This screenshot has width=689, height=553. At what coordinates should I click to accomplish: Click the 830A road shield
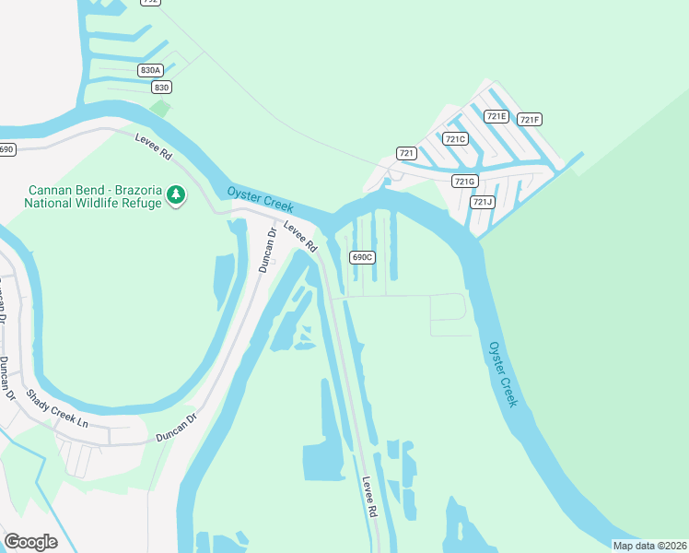(x=150, y=70)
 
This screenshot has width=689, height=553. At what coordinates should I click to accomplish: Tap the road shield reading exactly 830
(x=162, y=87)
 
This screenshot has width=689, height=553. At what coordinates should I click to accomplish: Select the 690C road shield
(x=362, y=257)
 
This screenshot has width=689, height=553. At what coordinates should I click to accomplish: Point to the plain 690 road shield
(x=7, y=149)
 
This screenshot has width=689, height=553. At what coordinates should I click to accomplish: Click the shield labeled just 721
(x=406, y=152)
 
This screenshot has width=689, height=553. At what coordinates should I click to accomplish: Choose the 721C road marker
(x=455, y=138)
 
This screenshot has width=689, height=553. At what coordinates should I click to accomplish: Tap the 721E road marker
(x=496, y=116)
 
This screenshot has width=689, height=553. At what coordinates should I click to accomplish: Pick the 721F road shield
(x=529, y=119)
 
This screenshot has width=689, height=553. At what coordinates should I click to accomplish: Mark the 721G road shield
(x=465, y=182)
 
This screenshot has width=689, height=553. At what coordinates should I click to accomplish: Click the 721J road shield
(x=482, y=201)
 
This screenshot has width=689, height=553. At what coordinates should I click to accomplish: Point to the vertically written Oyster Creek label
(x=503, y=373)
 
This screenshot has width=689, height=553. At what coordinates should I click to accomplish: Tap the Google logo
(x=30, y=541)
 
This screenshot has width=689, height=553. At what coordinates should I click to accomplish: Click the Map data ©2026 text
(x=649, y=546)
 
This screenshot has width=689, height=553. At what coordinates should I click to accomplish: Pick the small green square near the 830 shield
(x=160, y=107)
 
